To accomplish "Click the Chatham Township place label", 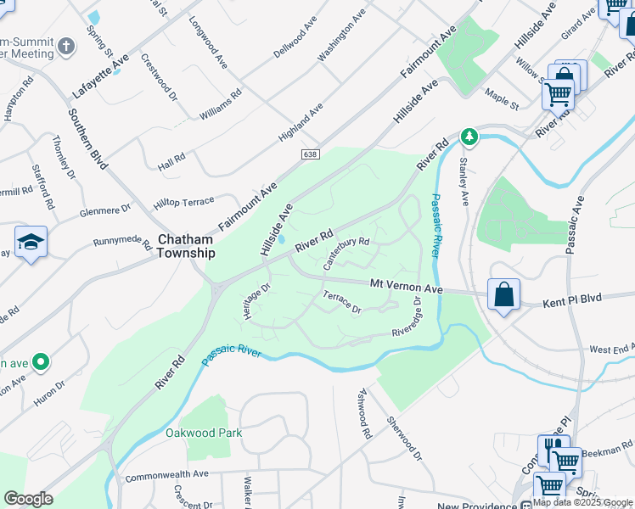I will pyautogui.click(x=186, y=246).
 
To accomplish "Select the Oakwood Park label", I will pyautogui.click(x=204, y=433).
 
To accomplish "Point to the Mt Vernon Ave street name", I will pyautogui.click(x=406, y=288).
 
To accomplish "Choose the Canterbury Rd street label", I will pyautogui.click(x=346, y=253).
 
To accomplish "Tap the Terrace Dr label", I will pyautogui.click(x=342, y=302).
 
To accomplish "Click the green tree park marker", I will pyautogui.click(x=467, y=136).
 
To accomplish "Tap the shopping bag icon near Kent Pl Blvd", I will pyautogui.click(x=503, y=294).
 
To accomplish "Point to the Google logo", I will pyautogui.click(x=28, y=499).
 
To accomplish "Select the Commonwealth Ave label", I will pyautogui.click(x=166, y=475).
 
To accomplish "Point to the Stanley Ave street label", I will pyautogui.click(x=464, y=181).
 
